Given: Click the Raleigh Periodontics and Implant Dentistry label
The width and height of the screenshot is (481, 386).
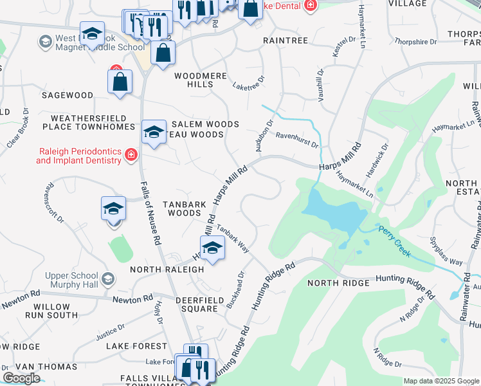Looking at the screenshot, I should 78,155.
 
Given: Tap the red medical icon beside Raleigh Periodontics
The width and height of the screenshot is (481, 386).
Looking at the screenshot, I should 131,154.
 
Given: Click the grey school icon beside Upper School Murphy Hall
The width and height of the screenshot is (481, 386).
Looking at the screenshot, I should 108,279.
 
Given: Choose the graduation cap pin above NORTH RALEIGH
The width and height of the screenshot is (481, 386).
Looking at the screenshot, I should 212,248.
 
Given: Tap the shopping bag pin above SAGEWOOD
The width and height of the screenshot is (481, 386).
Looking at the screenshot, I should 120,82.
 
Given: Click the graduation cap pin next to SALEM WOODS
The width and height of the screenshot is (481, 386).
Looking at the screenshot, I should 153,132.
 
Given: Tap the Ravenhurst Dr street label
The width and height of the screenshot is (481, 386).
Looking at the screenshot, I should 297,140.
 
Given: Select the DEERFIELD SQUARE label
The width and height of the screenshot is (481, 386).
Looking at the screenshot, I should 196,304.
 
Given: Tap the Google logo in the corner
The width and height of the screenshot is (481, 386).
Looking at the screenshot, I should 21,378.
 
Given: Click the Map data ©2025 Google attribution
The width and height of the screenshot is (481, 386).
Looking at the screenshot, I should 441,381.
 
